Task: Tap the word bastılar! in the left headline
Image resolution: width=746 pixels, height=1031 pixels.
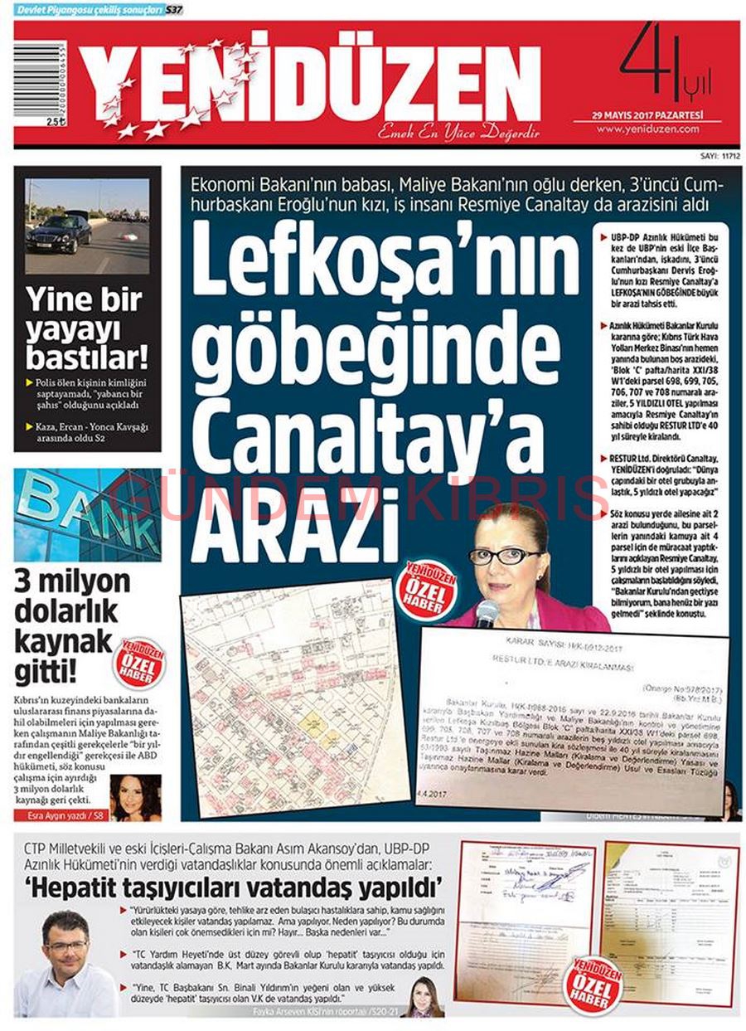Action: click(x=87, y=358)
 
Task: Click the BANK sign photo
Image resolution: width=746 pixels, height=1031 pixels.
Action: click(x=87, y=514)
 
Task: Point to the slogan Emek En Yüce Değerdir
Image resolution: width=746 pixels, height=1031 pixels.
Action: click(x=458, y=133)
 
